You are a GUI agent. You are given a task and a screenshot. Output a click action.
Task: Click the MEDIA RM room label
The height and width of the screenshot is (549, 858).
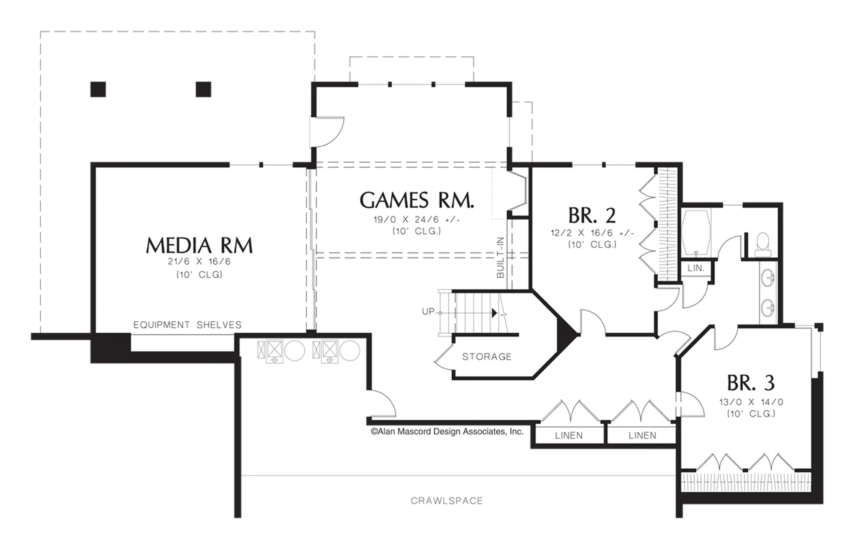(199, 245)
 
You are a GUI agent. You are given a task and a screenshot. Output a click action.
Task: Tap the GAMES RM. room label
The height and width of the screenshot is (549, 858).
(417, 200)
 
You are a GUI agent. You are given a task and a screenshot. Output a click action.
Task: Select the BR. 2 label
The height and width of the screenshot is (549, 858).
(592, 215)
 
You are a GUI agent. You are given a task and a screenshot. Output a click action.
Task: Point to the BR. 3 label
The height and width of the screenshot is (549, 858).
(751, 383)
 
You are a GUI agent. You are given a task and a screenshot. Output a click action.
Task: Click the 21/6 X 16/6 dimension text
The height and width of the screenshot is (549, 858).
(199, 261)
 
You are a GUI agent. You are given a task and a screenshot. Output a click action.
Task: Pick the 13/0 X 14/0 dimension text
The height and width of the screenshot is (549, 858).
(751, 402)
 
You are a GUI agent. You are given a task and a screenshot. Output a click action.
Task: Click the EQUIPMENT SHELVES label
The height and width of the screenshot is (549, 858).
(187, 325)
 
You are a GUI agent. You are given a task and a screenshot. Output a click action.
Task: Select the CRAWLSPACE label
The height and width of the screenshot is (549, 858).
(447, 500)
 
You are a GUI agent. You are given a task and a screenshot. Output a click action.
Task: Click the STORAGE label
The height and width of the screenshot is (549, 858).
(487, 357)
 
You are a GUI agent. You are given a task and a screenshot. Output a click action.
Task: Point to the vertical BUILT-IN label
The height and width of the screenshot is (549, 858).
(500, 258)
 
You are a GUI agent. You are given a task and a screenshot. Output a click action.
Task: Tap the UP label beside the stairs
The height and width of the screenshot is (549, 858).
(428, 311)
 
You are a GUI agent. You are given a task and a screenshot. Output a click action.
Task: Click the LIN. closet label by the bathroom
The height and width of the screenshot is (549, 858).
(696, 268)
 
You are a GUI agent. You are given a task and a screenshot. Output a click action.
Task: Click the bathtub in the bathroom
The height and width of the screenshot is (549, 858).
(696, 232)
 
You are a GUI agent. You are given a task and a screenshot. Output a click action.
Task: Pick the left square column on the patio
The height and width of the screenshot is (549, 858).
(98, 89)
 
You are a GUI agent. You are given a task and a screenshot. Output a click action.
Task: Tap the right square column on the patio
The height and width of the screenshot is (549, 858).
(203, 89)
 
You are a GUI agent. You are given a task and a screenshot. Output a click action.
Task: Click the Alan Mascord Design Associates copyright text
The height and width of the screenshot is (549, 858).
(447, 431)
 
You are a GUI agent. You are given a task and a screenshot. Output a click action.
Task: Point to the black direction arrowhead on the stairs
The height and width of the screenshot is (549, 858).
(494, 313)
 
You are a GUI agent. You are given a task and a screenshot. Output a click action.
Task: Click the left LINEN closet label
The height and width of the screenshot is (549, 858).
(569, 436)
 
